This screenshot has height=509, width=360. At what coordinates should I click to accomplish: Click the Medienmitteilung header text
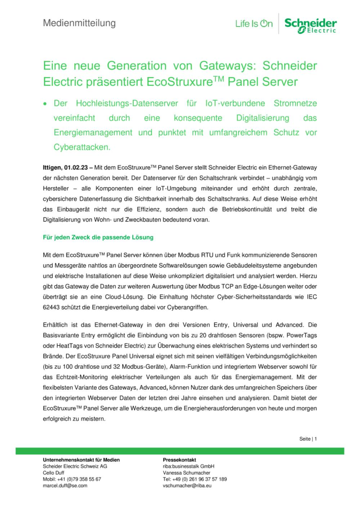tap(79, 23)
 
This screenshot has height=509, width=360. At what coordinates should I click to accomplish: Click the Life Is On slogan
tap(254, 24)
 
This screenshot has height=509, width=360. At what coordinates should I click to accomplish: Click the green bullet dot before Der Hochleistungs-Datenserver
tap(45, 104)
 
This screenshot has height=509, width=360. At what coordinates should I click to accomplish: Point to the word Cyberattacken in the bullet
tap(82, 147)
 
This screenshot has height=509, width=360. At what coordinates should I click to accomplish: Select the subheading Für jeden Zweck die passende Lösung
tap(98, 237)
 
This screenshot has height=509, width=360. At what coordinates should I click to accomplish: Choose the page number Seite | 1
tap(308, 439)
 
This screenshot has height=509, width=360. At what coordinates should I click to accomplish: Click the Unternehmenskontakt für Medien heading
tap(81, 460)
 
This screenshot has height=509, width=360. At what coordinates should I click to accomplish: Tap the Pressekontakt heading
tap(179, 460)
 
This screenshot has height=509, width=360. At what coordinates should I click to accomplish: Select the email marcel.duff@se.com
tap(65, 486)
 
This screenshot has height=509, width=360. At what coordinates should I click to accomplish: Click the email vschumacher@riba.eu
tap(187, 486)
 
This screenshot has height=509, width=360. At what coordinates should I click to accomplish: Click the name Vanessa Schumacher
tap(186, 473)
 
